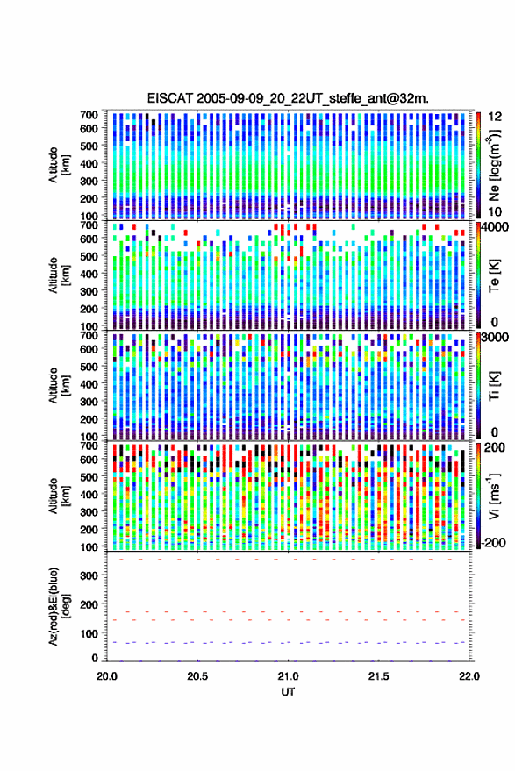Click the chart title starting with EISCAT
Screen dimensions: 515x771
288,98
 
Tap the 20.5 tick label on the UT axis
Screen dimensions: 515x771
197,676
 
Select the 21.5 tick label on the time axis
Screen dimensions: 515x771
378,676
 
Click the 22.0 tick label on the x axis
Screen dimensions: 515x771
469,676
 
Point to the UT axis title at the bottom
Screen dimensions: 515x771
288,692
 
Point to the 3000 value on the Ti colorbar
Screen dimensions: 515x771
495,338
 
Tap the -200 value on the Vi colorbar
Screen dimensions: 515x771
492,542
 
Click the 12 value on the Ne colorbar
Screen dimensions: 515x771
495,117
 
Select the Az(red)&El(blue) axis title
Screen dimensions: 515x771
59,607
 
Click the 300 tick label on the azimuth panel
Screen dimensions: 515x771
89,575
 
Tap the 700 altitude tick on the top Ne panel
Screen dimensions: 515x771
89,115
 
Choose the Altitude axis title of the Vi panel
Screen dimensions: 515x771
59,496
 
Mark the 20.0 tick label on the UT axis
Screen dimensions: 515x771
107,676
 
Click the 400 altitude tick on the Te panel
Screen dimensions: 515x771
89,274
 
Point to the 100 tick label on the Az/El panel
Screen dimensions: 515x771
89,633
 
